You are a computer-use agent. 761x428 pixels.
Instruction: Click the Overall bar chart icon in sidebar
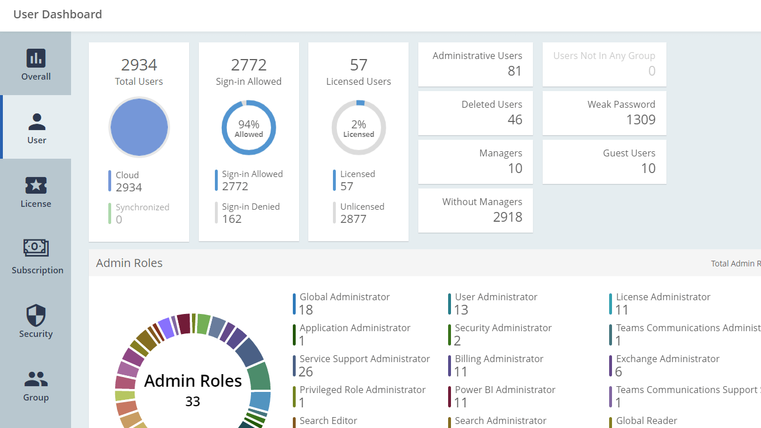click(36, 58)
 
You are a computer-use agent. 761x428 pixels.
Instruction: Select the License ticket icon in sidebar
click(36, 185)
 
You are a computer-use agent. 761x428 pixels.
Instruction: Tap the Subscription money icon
click(36, 248)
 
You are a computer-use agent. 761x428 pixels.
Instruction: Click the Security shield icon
click(36, 315)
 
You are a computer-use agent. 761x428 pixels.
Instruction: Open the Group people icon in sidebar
click(36, 379)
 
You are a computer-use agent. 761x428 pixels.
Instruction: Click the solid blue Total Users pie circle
click(139, 127)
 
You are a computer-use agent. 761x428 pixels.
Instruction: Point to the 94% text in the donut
click(249, 124)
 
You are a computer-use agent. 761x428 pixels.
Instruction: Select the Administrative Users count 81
click(515, 71)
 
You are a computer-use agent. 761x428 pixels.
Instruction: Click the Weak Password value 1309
click(641, 120)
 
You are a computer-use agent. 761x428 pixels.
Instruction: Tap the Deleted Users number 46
click(515, 120)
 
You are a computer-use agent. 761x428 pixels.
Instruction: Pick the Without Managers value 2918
click(508, 217)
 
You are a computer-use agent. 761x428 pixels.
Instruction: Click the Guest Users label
click(629, 153)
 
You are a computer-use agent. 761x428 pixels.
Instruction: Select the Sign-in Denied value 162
click(232, 219)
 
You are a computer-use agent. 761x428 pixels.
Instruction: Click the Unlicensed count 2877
click(353, 219)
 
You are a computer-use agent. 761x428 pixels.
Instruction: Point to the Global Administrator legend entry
click(344, 297)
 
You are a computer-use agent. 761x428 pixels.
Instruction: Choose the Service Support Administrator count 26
click(306, 372)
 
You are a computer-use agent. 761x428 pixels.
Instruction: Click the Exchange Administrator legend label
click(668, 359)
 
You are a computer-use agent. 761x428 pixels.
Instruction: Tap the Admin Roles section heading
click(130, 263)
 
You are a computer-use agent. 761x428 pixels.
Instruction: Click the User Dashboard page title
click(58, 14)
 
